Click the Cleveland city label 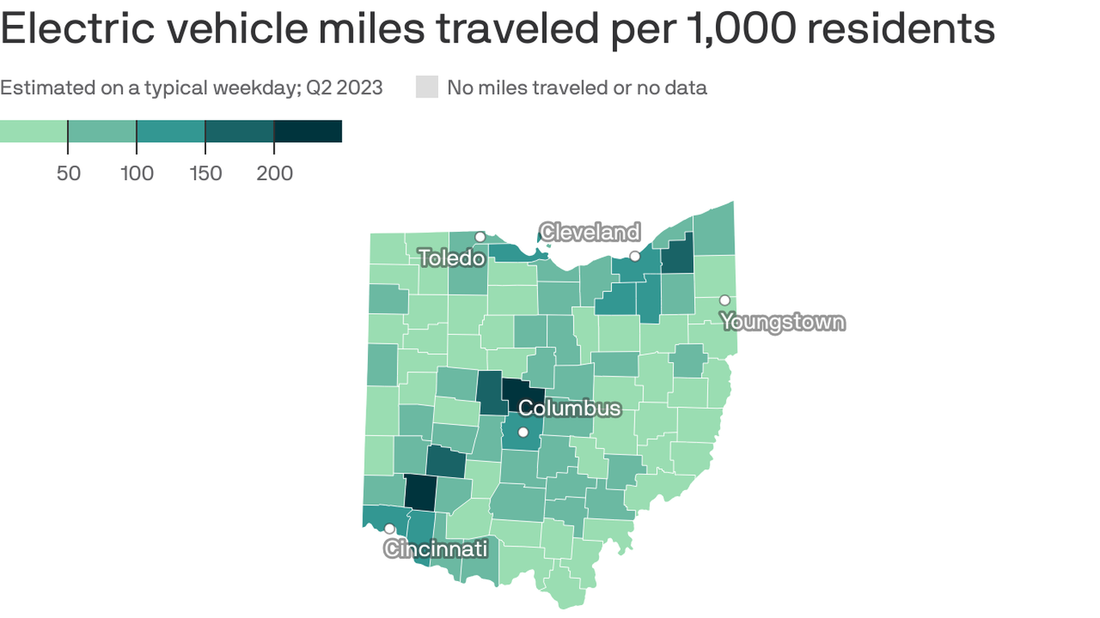click(590, 233)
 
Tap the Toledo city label click(452, 257)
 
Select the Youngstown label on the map click(783, 323)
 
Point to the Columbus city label click(569, 408)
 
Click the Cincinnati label click(436, 549)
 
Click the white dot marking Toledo click(480, 237)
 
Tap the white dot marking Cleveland click(635, 256)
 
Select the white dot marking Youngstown click(725, 300)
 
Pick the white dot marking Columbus click(523, 433)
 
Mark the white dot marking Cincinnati click(389, 529)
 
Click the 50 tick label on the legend click(68, 173)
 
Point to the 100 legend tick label click(137, 173)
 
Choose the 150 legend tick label click(205, 173)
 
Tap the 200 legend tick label click(275, 173)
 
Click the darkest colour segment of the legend click(308, 131)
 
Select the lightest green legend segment click(33, 131)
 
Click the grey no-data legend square click(427, 87)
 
